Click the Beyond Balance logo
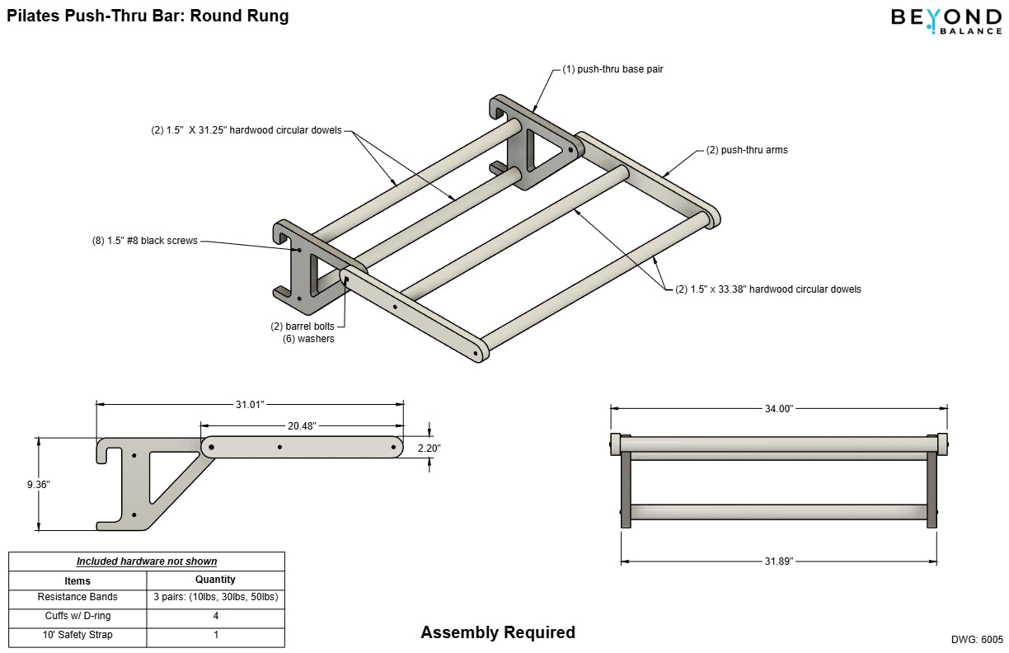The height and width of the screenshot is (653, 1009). tap(946, 21)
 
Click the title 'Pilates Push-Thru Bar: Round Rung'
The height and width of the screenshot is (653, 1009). tap(148, 16)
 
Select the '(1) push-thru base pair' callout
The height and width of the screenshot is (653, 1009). tap(612, 69)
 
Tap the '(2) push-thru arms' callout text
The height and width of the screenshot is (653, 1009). tap(747, 150)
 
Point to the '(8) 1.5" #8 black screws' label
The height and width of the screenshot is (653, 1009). tap(144, 241)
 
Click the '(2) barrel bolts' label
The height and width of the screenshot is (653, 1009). tap(303, 326)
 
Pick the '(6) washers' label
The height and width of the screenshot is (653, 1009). tap(308, 339)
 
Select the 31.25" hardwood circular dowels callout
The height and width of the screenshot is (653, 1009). tap(246, 130)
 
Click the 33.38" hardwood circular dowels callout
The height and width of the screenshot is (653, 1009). tap(768, 289)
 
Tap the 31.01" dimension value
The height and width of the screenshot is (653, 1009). tap(250, 404)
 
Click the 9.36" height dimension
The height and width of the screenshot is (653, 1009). tap(39, 485)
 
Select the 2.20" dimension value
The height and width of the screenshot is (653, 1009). tap(429, 448)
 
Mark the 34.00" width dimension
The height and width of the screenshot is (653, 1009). tap(778, 408)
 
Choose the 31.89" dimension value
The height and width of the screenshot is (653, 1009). tap(778, 561)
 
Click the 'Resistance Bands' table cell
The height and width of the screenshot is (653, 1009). tap(77, 597)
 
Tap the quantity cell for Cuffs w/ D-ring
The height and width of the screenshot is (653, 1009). tap(215, 616)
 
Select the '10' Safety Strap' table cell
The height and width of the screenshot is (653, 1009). tap(77, 635)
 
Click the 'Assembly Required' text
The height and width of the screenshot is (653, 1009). tap(498, 632)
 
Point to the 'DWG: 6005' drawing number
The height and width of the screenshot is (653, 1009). tap(977, 639)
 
